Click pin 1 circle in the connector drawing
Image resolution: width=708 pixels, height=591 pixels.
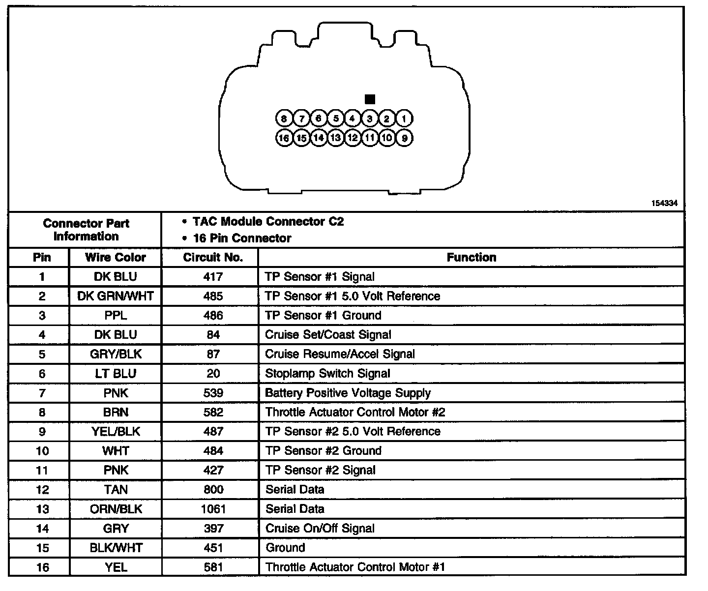point(404,118)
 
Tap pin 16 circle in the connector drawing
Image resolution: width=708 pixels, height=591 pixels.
point(284,138)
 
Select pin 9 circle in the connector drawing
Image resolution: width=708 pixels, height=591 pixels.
point(404,138)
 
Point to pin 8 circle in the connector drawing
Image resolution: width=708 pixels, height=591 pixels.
point(284,118)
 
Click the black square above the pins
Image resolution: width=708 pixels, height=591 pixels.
point(370,99)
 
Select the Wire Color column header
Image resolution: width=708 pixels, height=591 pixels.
point(116,257)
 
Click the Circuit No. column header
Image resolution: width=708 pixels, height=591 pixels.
point(213,257)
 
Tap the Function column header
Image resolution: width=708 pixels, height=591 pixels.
point(471,257)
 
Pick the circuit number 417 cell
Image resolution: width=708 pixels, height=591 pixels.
point(213,277)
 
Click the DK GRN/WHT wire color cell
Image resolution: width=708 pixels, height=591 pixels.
point(116,296)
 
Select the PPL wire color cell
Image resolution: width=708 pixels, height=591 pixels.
point(116,315)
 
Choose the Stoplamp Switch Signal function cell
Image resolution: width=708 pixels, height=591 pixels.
point(327,374)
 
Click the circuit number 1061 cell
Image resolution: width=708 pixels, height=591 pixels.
point(213,509)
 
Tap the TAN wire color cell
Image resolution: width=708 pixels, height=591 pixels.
point(116,490)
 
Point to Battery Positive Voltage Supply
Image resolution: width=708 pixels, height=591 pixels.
point(348,393)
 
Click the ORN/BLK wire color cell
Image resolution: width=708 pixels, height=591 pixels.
point(116,509)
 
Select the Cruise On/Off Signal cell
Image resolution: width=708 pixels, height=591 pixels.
point(320,529)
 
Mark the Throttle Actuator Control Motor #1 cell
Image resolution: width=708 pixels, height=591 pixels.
point(355,567)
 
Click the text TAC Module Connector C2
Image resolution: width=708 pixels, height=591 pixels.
point(268,222)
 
